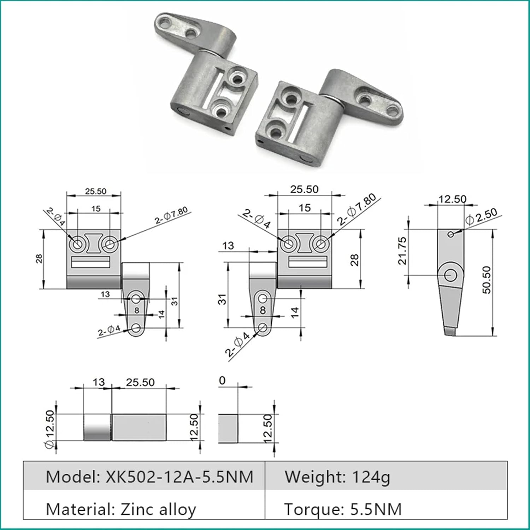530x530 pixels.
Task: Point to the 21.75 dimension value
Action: (x=402, y=251)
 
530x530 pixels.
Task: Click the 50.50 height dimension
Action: (x=487, y=280)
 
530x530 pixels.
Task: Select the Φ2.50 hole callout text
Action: (x=481, y=216)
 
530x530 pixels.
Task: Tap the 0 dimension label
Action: (x=222, y=381)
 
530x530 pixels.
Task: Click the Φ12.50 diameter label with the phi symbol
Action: (x=50, y=429)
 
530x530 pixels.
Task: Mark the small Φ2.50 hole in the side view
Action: (x=450, y=234)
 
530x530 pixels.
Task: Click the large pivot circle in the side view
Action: (x=450, y=275)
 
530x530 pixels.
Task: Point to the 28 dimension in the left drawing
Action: (x=39, y=259)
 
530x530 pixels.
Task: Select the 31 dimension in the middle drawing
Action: (x=222, y=299)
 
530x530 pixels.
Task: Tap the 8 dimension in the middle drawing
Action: (x=263, y=310)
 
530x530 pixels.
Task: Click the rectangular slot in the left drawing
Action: (x=90, y=262)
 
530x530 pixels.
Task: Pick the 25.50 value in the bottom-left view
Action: (x=140, y=382)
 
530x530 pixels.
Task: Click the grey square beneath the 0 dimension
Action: (x=228, y=429)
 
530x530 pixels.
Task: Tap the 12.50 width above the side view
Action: (x=452, y=199)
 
